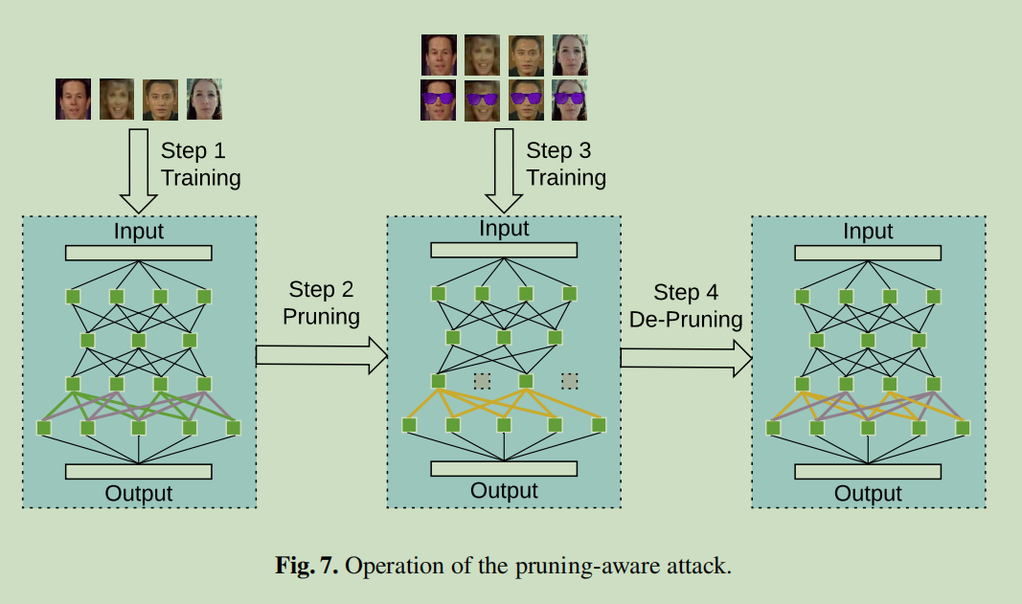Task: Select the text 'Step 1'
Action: tap(193, 150)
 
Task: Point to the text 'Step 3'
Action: tap(558, 150)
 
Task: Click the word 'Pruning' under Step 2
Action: tap(321, 316)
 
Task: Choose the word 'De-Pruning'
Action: tap(686, 319)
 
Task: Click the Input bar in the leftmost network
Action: tap(139, 253)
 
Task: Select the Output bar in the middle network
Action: tap(504, 468)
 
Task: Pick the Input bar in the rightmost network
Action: tap(869, 253)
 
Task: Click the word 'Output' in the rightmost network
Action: tap(869, 494)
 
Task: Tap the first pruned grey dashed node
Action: tap(482, 381)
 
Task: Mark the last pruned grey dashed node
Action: tap(570, 381)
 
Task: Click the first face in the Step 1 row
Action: tap(73, 100)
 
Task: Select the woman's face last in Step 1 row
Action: tap(204, 100)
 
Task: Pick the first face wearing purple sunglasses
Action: tap(439, 100)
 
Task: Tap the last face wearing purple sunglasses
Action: tap(570, 100)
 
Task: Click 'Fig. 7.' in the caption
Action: tap(307, 566)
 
